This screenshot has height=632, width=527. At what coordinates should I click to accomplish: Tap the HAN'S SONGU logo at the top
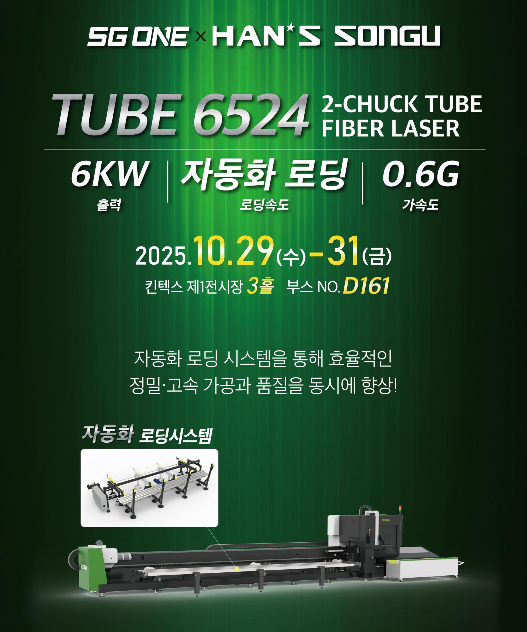(x=326, y=36)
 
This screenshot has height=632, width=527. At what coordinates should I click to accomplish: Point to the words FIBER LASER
(x=391, y=129)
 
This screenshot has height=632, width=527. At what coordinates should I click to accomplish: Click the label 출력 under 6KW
(x=109, y=206)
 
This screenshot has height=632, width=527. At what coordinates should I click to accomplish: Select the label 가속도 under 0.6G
(x=420, y=206)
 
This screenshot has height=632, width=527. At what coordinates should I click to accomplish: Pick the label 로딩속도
(x=264, y=206)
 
